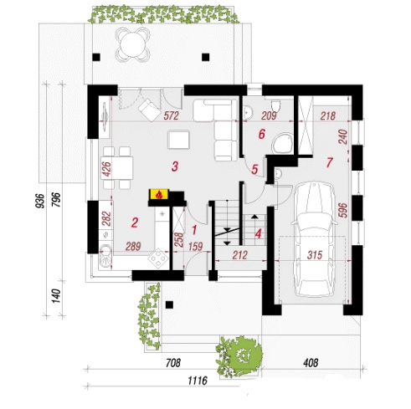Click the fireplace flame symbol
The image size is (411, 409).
click(x=159, y=195)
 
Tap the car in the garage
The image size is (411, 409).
click(x=315, y=240)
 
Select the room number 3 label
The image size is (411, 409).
click(x=175, y=166)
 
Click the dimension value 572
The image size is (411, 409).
click(x=171, y=115)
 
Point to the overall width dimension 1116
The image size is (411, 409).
click(x=198, y=381)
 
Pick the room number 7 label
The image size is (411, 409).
click(x=330, y=162)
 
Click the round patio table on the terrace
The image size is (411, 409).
click(x=133, y=45)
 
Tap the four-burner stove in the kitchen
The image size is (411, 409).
click(x=158, y=258)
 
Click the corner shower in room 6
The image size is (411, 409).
click(x=283, y=143)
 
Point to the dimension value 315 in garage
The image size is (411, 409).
click(x=315, y=255)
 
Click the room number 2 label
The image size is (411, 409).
click(x=135, y=222)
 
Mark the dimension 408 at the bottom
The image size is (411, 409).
click(x=311, y=363)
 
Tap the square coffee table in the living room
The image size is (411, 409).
click(x=179, y=140)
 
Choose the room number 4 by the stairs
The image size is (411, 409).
click(x=259, y=233)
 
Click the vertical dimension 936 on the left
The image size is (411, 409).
click(x=41, y=201)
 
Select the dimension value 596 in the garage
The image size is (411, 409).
click(x=343, y=210)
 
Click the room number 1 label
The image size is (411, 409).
click(x=194, y=230)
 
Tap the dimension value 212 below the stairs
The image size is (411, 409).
click(x=240, y=255)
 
